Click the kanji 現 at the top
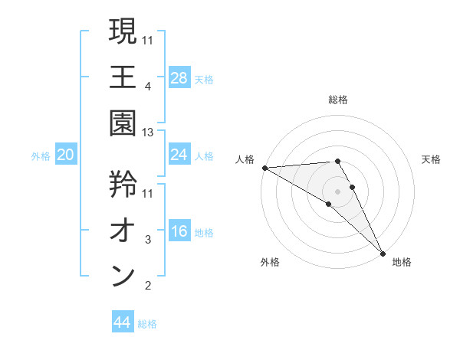(123, 31)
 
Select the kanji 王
(123, 78)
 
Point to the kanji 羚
(123, 183)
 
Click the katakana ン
(123, 277)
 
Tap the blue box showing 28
(179, 77)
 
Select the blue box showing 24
(179, 155)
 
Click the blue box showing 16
(179, 232)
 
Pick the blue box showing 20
(66, 155)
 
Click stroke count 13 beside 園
(149, 133)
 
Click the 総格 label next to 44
(147, 324)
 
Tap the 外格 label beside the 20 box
(41, 156)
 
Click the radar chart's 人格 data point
(264, 168)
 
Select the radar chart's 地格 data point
(383, 252)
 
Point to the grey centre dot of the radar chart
(337, 190)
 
